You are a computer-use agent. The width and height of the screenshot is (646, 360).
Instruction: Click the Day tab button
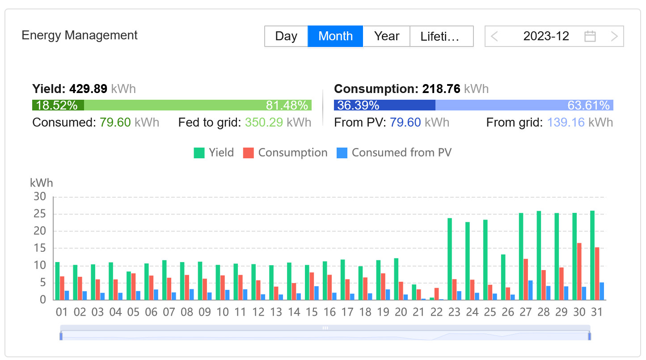[x=286, y=36]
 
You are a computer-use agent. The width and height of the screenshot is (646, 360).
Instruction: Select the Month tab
[x=335, y=36]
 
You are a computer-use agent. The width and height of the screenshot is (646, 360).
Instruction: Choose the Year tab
[x=386, y=36]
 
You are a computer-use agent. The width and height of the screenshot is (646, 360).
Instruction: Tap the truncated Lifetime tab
[x=441, y=36]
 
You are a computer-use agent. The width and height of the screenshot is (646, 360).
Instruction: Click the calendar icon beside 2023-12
[x=590, y=36]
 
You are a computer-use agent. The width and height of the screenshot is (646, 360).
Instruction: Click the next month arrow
[x=614, y=36]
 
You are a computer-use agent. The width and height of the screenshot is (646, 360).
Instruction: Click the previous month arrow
[x=494, y=36]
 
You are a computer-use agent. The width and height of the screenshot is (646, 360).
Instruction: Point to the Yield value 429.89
[x=88, y=89]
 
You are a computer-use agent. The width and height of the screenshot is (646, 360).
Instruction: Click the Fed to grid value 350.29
[x=264, y=122]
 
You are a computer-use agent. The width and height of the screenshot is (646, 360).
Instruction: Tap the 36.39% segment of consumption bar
[x=384, y=106]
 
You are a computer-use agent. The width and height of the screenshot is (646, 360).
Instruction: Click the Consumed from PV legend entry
[x=394, y=153]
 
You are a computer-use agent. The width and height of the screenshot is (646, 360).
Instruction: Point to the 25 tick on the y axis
[x=40, y=214]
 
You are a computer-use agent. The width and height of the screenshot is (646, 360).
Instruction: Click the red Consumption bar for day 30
[x=579, y=271]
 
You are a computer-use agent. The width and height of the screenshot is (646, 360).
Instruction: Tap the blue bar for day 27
[x=530, y=290]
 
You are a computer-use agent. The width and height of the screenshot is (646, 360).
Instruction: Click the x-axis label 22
[x=436, y=312]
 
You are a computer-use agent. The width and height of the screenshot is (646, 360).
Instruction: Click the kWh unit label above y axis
[x=41, y=183]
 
